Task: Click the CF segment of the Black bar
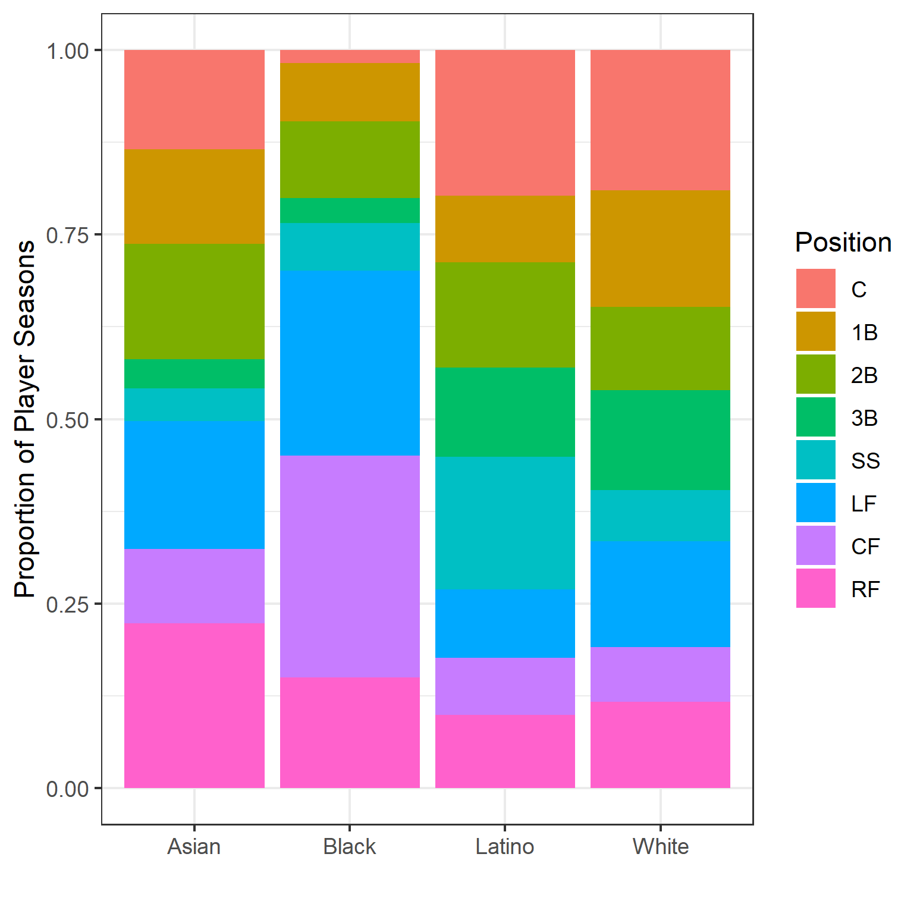coord(350,566)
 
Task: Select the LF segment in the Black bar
coord(350,363)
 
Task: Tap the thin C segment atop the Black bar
coord(350,56)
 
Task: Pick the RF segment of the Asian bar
coord(194,705)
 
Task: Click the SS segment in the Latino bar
coord(505,523)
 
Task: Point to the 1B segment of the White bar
coord(660,248)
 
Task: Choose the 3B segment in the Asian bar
coord(194,373)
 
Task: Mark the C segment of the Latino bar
coord(505,123)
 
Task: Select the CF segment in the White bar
coord(660,674)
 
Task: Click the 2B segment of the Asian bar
coord(194,301)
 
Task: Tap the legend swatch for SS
coord(815,460)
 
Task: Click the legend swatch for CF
coord(815,546)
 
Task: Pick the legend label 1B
coord(864,333)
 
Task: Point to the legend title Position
coord(843,243)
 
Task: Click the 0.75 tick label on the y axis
coord(67,236)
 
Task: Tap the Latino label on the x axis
coord(505,846)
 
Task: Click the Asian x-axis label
coord(194,846)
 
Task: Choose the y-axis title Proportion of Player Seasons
coord(25,419)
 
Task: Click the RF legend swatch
coord(815,589)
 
